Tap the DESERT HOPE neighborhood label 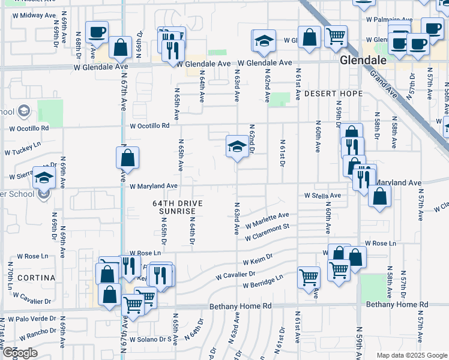pyautogui.click(x=333, y=94)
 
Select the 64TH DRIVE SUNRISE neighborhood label pyautogui.click(x=178, y=208)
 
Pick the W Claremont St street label pyautogui.click(x=267, y=232)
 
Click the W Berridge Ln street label pyautogui.click(x=262, y=281)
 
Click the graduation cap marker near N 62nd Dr pyautogui.click(x=237, y=146)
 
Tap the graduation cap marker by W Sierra pyautogui.click(x=44, y=177)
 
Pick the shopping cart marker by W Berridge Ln pyautogui.click(x=309, y=277)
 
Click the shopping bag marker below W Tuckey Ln pyautogui.click(x=127, y=158)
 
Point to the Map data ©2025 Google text pyautogui.click(x=412, y=355)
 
